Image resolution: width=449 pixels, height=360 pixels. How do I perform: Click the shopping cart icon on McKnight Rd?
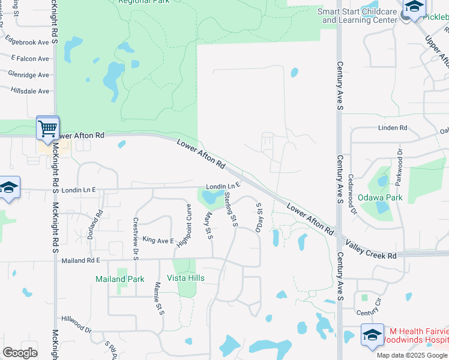click(x=47, y=128)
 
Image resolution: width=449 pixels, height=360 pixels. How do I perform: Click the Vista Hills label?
click(x=185, y=278)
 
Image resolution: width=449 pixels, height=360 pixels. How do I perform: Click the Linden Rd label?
click(x=393, y=128)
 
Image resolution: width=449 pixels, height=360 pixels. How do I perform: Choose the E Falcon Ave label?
click(x=29, y=58)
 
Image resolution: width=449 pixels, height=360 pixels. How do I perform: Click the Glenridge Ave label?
click(x=28, y=74)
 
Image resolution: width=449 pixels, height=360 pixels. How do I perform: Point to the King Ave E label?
click(x=158, y=241)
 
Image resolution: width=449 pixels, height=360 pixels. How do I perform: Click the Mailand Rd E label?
click(x=80, y=260)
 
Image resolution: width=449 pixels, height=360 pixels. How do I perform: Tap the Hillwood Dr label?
click(x=76, y=326)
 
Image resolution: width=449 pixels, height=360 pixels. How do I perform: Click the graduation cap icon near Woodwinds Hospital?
click(x=372, y=335)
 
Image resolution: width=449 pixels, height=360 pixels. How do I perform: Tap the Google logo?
click(x=20, y=353)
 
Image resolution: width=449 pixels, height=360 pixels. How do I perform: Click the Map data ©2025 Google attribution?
click(x=412, y=355)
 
